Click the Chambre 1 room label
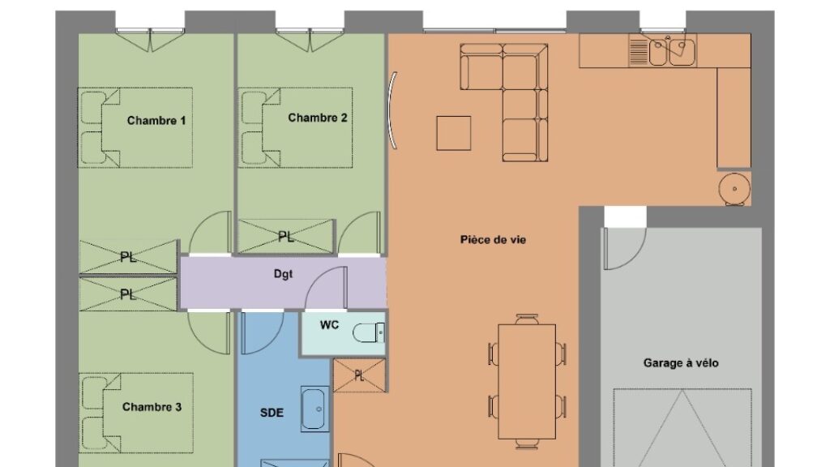[156, 121]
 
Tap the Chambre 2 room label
[318, 118]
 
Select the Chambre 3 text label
[152, 407]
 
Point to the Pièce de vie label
[493, 240]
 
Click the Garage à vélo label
[681, 363]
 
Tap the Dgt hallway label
[283, 274]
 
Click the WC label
[329, 324]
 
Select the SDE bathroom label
[272, 413]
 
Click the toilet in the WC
[369, 333]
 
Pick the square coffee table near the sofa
[454, 133]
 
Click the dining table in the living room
[527, 382]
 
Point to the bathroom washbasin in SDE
[314, 409]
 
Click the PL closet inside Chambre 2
[286, 237]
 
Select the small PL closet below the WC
[359, 375]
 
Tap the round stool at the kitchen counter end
[734, 188]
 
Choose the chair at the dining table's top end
[527, 319]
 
